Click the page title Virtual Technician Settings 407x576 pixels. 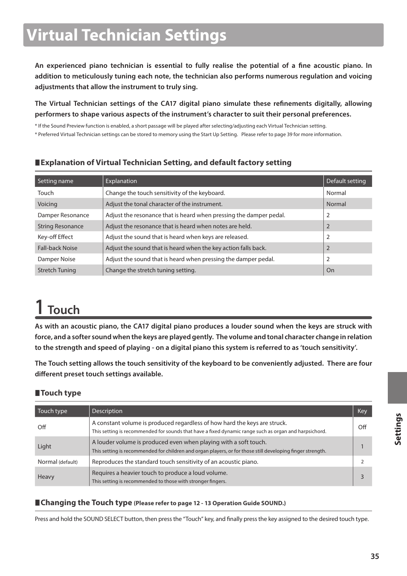126,35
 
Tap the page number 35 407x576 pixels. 375,556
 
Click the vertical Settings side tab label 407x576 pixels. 398,429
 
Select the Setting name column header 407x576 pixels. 55,181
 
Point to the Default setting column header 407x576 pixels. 346,181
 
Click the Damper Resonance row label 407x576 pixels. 63,215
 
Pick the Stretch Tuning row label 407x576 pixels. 57,270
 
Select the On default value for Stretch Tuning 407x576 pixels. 330,270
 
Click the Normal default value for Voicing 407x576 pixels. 336,204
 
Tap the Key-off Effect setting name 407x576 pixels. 55,237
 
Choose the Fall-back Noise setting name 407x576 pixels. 58,248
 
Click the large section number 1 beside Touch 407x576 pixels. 39,307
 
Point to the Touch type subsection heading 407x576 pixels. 61,393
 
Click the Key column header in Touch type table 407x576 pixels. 362,411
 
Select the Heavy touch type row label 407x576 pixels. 46,477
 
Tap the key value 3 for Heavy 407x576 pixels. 362,477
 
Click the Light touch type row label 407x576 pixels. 44,446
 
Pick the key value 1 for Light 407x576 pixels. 362,446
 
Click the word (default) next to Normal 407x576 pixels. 68,462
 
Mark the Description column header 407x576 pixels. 107,411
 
